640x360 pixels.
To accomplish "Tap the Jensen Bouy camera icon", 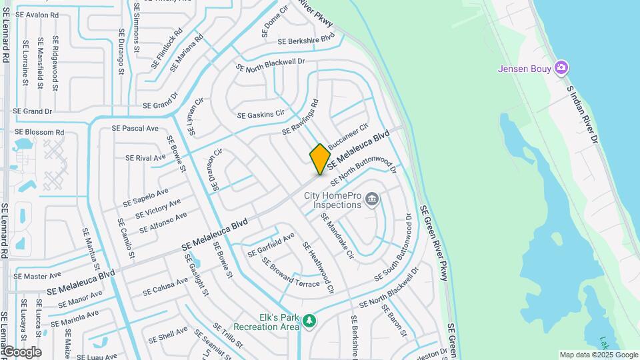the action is point(561,67).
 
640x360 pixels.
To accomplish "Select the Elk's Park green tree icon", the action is point(309,321).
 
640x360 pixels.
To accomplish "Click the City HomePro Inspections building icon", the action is point(372,199).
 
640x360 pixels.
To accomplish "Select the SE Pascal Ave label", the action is point(135,128).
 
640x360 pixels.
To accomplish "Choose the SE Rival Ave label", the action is point(146,158).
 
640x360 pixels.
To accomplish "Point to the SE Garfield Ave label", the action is point(271,245).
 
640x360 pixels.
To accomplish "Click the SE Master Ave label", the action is point(37,275).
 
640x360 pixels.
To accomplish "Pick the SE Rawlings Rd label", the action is point(300,117).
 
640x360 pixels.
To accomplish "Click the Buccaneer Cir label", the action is point(347,135).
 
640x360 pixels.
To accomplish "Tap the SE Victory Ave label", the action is point(157,209).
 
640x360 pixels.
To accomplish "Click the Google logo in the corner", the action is point(21,352).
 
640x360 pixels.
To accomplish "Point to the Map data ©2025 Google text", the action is point(597,355).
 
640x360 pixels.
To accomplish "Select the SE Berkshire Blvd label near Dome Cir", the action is point(309,39).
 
